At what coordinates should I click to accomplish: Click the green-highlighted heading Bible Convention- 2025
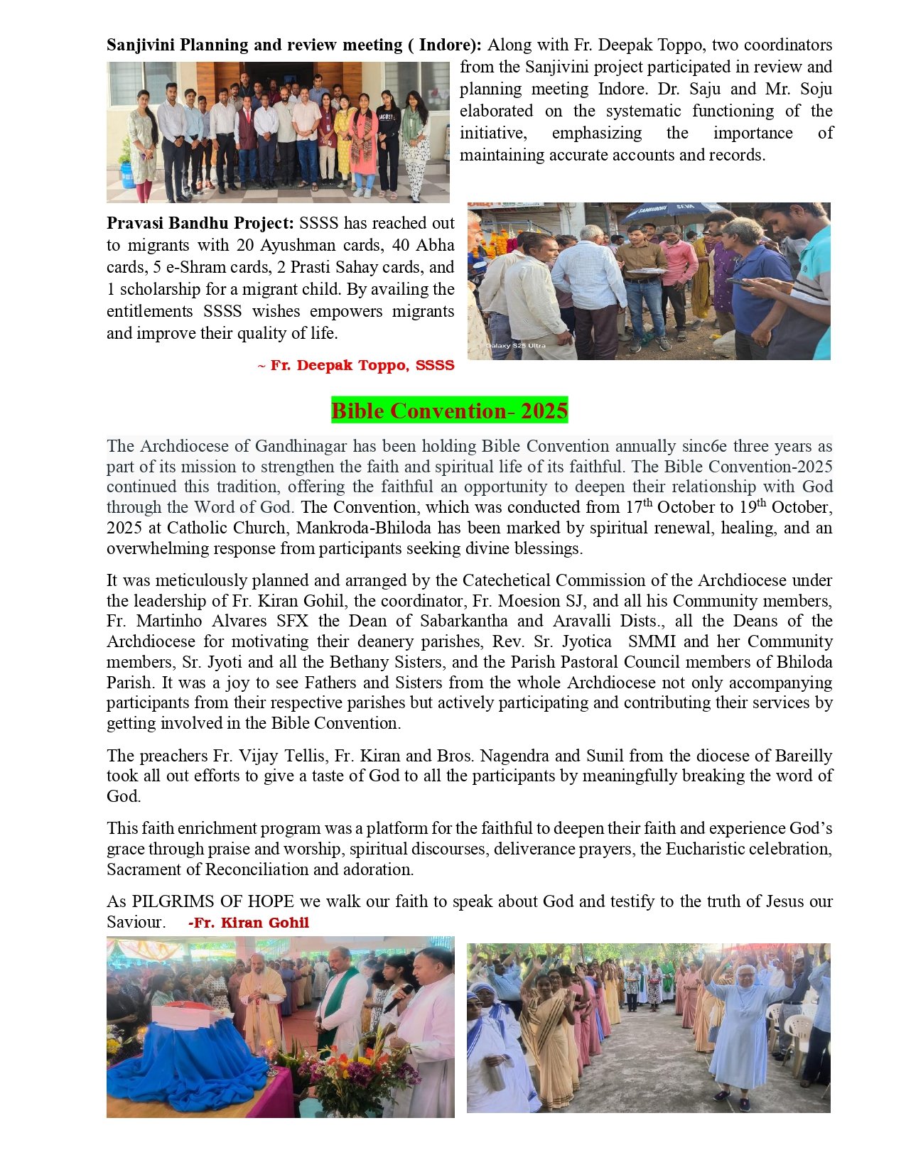(x=449, y=411)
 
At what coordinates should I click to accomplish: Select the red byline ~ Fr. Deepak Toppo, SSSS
(x=355, y=365)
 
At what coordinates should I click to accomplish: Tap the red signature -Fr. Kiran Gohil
(x=249, y=923)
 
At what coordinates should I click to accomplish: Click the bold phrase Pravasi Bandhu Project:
(x=200, y=223)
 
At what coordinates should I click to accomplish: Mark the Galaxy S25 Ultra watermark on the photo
(x=515, y=346)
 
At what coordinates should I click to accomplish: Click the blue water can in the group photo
(x=128, y=174)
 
